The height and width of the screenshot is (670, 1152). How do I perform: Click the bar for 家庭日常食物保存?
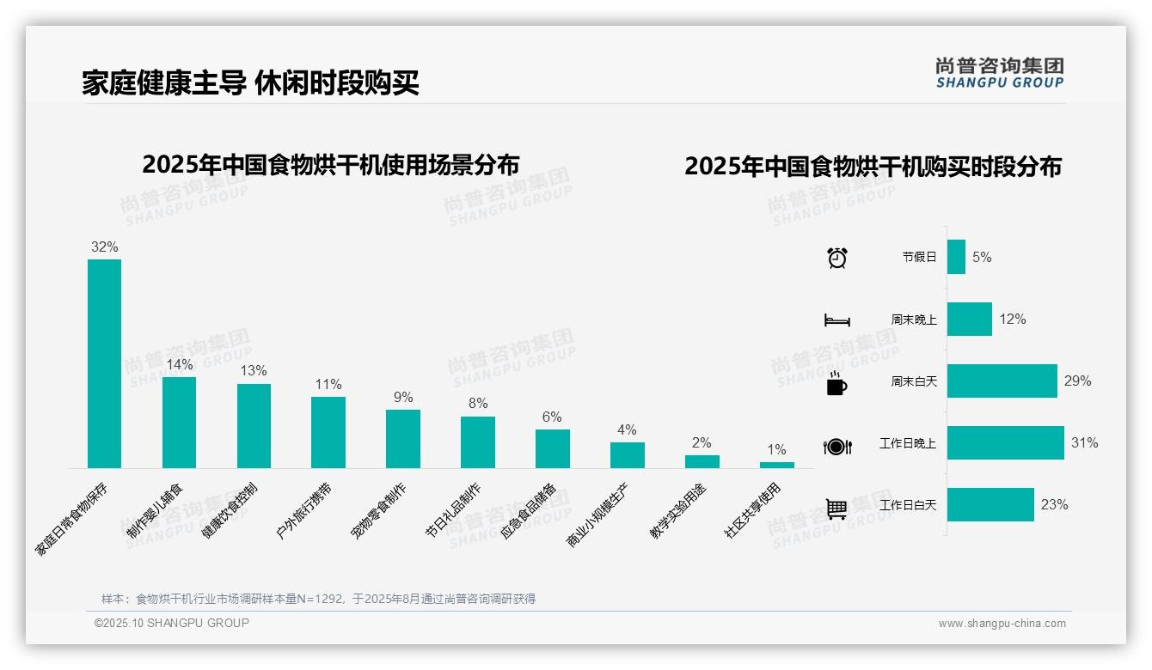(104, 363)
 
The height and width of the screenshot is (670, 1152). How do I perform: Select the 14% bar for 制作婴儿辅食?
(179, 423)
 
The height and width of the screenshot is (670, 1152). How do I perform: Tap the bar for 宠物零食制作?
(403, 438)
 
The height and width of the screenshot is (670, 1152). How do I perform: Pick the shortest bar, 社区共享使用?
(776, 465)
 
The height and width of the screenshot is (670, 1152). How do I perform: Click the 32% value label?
(104, 247)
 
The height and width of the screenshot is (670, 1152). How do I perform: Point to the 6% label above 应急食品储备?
(552, 417)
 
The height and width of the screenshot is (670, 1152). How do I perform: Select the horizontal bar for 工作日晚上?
(1005, 443)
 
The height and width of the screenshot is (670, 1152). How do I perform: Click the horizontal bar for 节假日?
(956, 257)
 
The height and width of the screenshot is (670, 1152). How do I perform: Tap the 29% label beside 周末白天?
(1077, 381)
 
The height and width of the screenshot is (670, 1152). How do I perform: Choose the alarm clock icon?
(836, 257)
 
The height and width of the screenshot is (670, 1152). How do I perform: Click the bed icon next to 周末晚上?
(836, 320)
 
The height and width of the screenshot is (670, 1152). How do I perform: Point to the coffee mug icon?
(836, 382)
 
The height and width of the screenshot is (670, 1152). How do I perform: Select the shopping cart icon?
(836, 509)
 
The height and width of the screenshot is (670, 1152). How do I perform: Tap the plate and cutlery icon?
(836, 446)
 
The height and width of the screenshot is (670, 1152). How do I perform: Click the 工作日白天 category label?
(908, 505)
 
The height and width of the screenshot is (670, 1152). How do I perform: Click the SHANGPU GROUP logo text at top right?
(1000, 83)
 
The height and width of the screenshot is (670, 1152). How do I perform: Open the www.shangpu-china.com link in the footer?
(1002, 624)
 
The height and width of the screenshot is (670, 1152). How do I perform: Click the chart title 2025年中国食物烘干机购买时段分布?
(873, 167)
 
